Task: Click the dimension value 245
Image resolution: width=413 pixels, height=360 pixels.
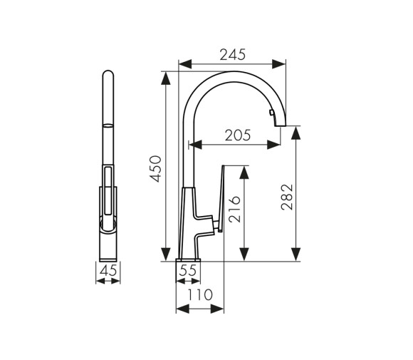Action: tap(232, 54)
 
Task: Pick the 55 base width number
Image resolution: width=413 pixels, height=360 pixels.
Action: tap(188, 270)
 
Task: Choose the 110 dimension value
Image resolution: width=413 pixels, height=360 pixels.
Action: tap(200, 294)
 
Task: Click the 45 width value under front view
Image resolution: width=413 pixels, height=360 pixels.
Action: tap(108, 270)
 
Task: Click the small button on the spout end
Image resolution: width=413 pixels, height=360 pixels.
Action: tap(271, 113)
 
